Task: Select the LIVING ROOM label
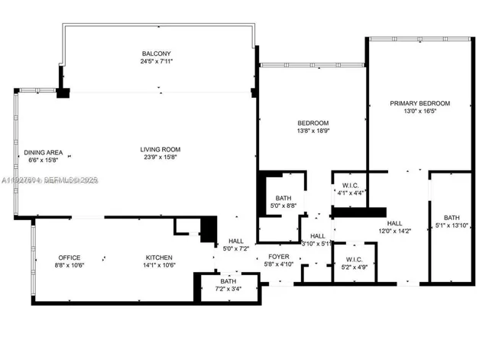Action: pos(159,149)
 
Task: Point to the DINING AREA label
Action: pos(42,151)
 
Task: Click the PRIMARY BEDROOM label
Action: pos(419,103)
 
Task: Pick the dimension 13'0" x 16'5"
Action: pos(419,111)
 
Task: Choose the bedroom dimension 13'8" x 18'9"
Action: pos(313,131)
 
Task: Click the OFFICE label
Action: pos(70,258)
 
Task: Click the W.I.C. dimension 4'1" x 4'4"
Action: pos(351,193)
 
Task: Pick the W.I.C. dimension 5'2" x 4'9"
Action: pos(354,267)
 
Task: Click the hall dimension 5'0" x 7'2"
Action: pos(235,248)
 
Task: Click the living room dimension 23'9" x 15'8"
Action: pos(159,157)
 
